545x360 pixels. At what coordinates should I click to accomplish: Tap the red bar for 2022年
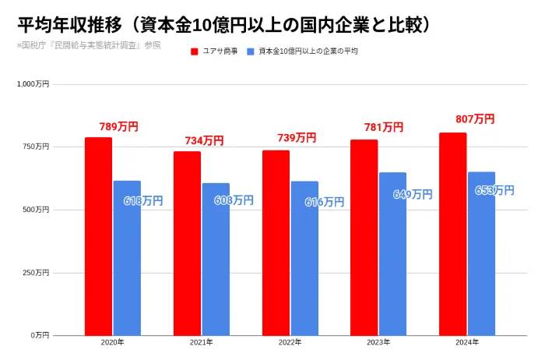coord(276,242)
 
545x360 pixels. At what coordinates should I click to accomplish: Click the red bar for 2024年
coord(452,234)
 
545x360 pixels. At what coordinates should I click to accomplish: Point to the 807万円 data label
coord(475,119)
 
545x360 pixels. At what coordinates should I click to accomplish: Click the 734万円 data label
coord(204,140)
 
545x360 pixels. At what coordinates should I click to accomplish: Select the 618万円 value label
coord(144,201)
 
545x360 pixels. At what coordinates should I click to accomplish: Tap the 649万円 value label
coord(413,195)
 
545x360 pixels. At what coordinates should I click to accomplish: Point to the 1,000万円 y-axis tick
coord(33,83)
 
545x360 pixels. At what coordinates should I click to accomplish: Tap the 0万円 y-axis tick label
coord(40,335)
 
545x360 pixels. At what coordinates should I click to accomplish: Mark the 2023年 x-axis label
coord(378,343)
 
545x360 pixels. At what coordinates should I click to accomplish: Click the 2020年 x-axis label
coord(113,343)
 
